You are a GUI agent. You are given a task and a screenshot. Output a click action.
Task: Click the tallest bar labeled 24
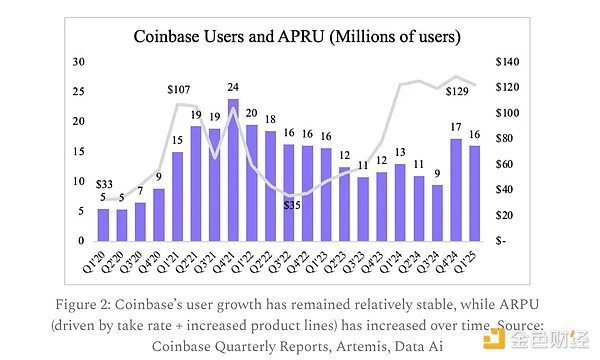click(233, 170)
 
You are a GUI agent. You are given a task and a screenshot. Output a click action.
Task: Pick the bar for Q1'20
click(102, 225)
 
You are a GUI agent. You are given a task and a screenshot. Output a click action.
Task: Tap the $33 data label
click(103, 183)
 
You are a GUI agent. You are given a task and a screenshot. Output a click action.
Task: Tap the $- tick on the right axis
click(502, 241)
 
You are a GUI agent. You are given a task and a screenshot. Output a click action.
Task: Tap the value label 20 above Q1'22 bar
click(251, 114)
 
